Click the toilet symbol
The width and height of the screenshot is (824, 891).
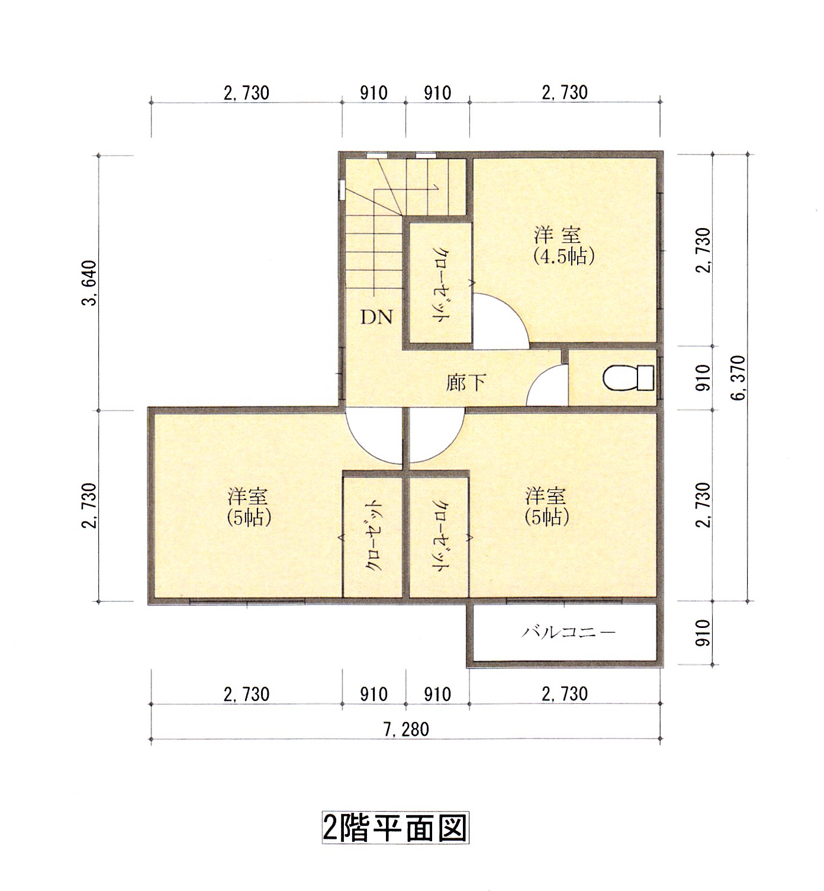coord(628,378)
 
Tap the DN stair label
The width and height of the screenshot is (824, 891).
coord(377,318)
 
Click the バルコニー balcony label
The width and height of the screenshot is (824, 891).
coord(568,632)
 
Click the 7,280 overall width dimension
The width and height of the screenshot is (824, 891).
coord(406,729)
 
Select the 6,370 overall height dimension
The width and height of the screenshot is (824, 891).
coord(740,378)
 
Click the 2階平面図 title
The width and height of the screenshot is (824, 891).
coord(395,827)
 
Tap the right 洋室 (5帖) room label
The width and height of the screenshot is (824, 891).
coord(547,507)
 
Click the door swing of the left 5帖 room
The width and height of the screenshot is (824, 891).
coord(373,437)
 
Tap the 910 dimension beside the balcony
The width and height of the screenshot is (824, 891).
coord(702,633)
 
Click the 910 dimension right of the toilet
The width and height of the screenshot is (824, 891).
coord(702,378)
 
